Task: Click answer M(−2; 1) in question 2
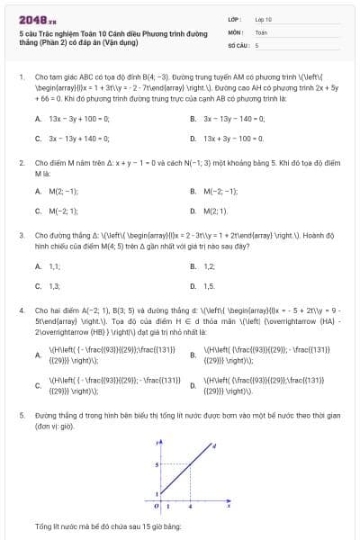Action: [63, 211]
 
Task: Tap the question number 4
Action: [22, 309]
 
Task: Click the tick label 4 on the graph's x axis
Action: [178, 509]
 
